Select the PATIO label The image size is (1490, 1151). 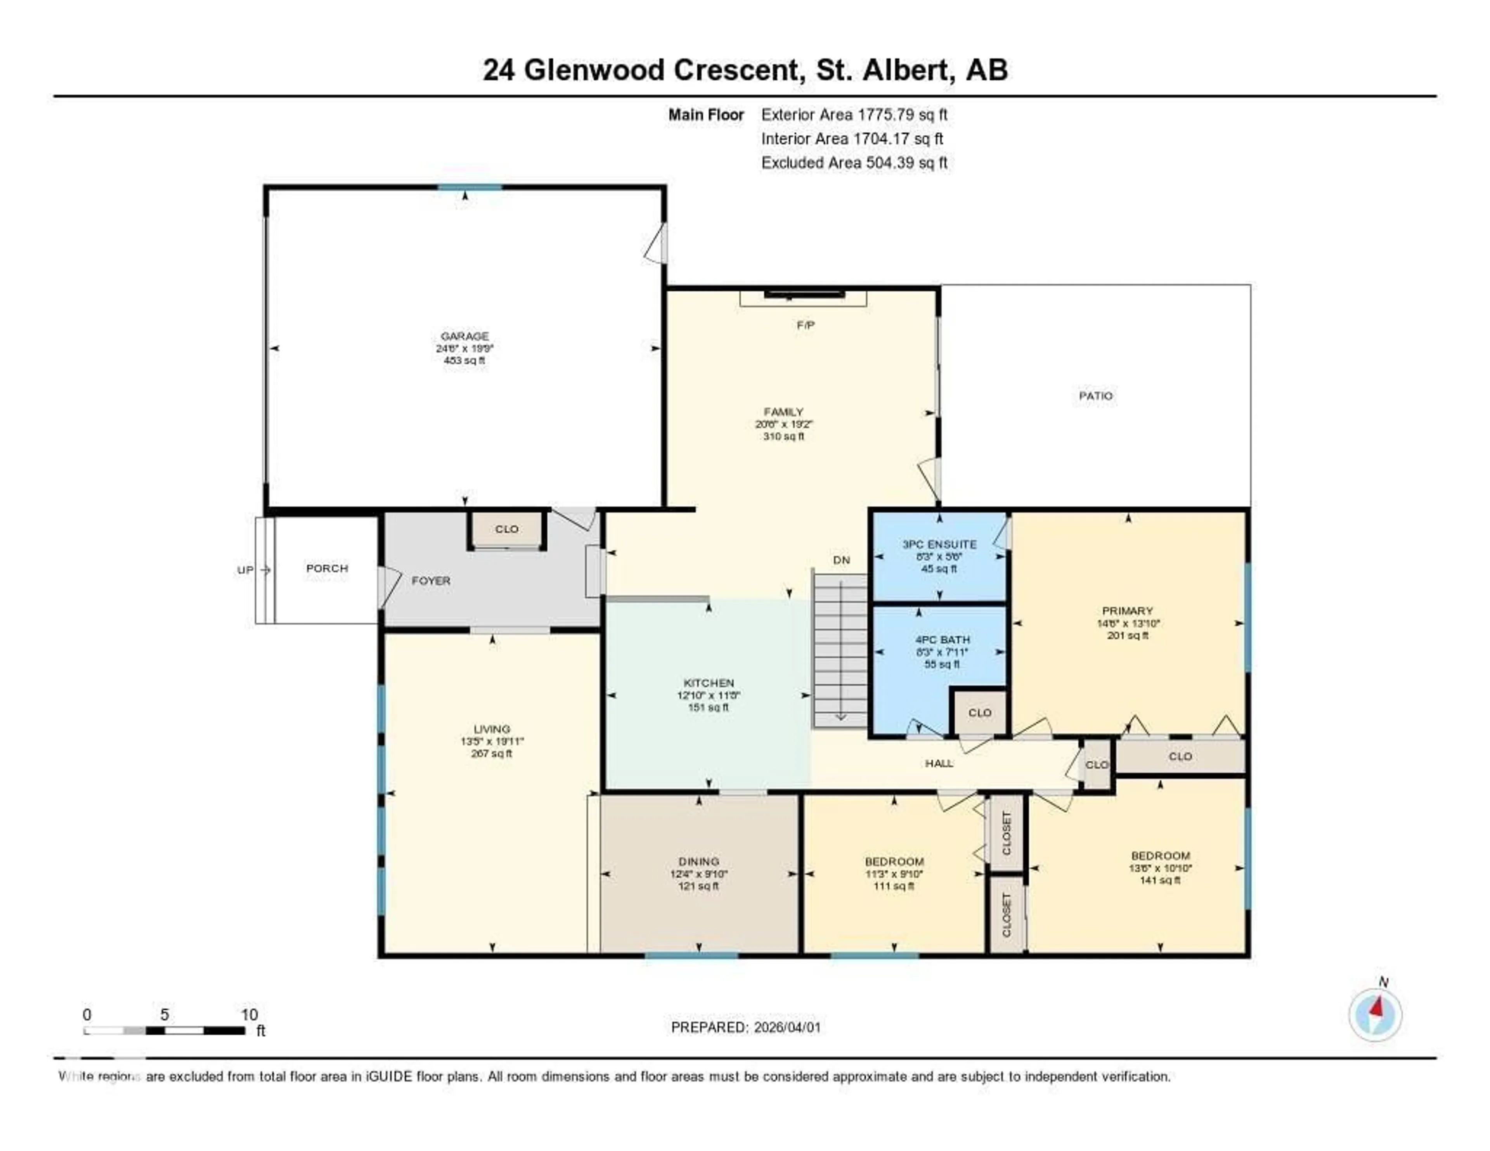(x=1096, y=396)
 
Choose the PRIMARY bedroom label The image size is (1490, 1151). (x=1127, y=611)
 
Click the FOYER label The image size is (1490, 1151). (x=430, y=581)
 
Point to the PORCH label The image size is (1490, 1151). (x=327, y=569)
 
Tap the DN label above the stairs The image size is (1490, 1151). (x=841, y=560)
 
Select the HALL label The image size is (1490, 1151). (x=939, y=763)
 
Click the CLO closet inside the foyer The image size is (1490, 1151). (x=506, y=529)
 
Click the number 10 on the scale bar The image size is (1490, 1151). (x=249, y=1014)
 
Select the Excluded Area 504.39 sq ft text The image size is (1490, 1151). (x=854, y=162)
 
